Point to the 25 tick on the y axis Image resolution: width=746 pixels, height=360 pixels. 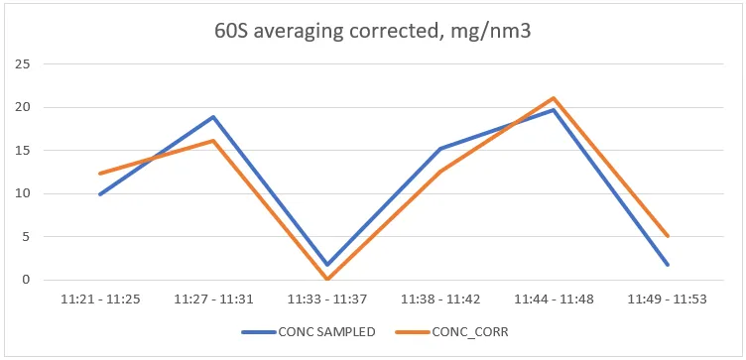pyautogui.click(x=27, y=64)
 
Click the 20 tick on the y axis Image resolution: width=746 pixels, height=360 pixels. pyautogui.click(x=27, y=107)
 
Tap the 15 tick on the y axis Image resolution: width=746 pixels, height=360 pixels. pyautogui.click(x=27, y=151)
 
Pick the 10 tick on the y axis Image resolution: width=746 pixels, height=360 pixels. pyautogui.click(x=27, y=193)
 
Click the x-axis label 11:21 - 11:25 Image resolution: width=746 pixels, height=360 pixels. pyautogui.click(x=99, y=298)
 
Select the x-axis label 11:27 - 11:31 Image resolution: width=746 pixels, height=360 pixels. pyautogui.click(x=212, y=298)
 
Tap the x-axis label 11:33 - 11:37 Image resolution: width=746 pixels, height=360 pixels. pyautogui.click(x=326, y=298)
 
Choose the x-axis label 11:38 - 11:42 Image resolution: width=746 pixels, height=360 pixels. pyautogui.click(x=439, y=298)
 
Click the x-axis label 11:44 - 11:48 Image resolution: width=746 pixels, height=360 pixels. pyautogui.click(x=554, y=298)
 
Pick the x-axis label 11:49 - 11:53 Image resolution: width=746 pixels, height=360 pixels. pyautogui.click(x=667, y=298)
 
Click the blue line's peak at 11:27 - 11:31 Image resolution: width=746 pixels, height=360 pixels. pyautogui.click(x=212, y=117)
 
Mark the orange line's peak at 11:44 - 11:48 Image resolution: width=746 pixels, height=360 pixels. pyautogui.click(x=554, y=98)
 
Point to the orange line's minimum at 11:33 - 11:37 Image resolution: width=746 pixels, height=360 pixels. pyautogui.click(x=326, y=279)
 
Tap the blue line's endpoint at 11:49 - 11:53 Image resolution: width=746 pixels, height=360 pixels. pyautogui.click(x=667, y=265)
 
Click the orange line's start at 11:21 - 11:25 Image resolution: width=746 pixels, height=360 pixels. pyautogui.click(x=99, y=174)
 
